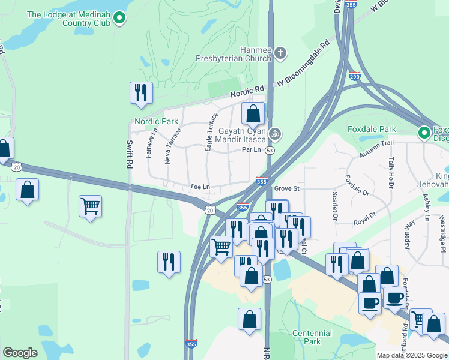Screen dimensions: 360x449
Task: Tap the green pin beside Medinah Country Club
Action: (119, 18)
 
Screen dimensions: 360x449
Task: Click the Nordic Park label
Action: (156, 121)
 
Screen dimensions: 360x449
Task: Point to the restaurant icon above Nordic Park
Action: (141, 93)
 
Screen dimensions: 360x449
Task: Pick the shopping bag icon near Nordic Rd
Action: (253, 113)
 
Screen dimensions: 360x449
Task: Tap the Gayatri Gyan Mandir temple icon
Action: (276, 133)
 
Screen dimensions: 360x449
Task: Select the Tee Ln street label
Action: (200, 187)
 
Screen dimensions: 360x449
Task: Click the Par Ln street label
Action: (252, 150)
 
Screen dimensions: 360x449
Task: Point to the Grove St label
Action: (286, 188)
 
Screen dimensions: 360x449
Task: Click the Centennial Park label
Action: (312, 337)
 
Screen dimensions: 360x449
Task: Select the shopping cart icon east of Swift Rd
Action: (90, 206)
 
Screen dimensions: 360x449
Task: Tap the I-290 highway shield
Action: (354, 76)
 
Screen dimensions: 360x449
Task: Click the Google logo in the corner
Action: (20, 353)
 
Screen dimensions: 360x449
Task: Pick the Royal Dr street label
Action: (364, 215)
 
